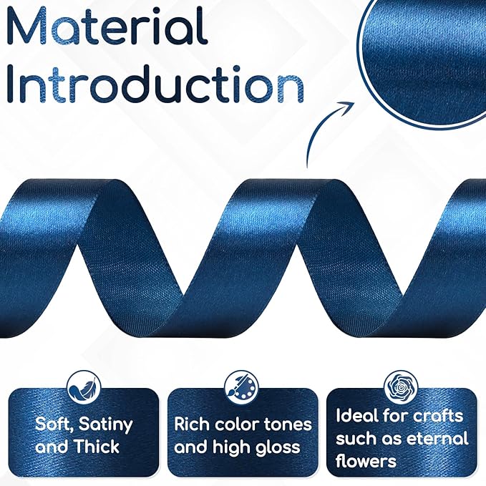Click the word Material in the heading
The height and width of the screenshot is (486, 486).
pos(106,26)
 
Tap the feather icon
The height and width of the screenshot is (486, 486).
pos(84,388)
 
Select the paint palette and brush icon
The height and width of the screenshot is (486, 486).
pos(241,388)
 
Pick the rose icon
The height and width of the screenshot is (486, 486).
pos(401,387)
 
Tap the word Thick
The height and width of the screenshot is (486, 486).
pos(97,447)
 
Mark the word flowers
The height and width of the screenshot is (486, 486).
pos(366,460)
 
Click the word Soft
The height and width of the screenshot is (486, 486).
pos(54,424)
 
